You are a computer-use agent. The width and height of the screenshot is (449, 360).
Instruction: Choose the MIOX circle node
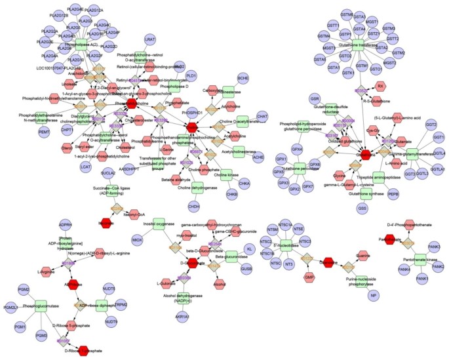(137, 241)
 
